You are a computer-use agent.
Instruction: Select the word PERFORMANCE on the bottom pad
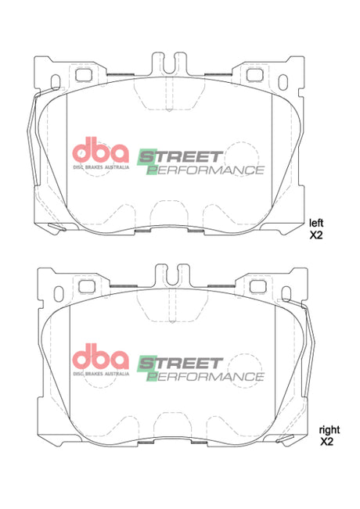click(x=205, y=376)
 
